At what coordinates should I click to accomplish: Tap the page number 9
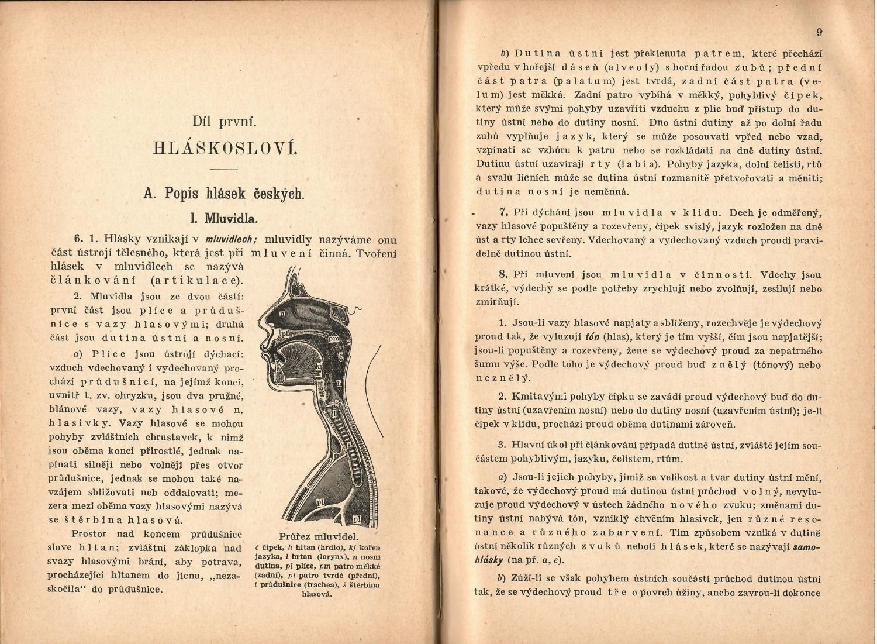click(x=819, y=32)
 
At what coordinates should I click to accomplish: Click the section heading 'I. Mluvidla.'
click(x=225, y=219)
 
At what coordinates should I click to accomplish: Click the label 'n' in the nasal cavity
click(x=282, y=314)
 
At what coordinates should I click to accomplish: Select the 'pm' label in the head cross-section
click(x=334, y=338)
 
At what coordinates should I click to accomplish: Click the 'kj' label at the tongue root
click(x=319, y=367)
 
